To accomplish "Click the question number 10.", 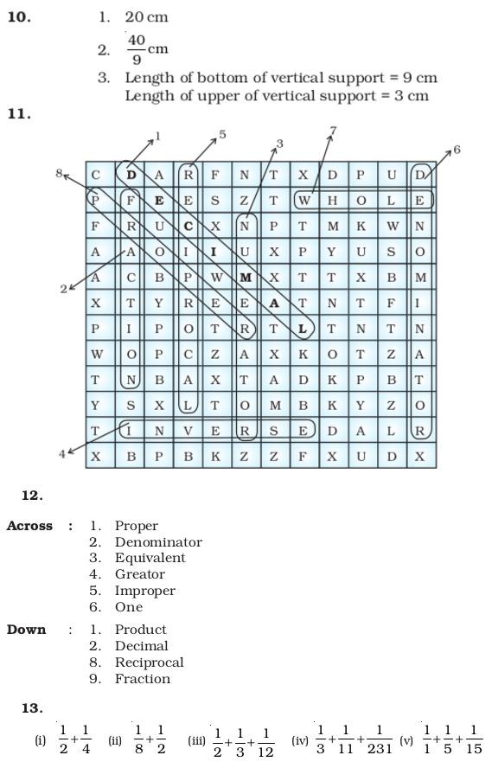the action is (19, 16).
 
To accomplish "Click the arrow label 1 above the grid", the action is (157, 136).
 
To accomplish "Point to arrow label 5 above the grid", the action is (222, 134).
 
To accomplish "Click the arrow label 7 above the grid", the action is (333, 131).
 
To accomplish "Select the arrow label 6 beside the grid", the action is (457, 150).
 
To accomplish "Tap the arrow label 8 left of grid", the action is (59, 173).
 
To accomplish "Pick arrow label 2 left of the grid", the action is (63, 289).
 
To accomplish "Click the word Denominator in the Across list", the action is (158, 542).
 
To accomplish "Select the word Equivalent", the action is (150, 558).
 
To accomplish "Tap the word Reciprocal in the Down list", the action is (149, 662).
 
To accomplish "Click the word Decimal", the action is (141, 646).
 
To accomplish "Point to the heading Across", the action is (29, 526).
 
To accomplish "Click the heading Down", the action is (26, 630).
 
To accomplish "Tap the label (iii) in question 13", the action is (195, 741).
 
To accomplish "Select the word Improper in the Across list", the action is (144, 591).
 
